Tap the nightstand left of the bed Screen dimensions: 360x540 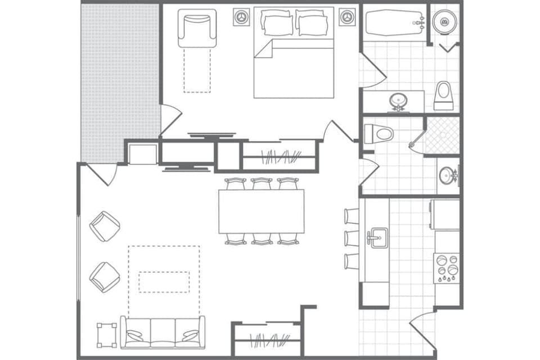242,17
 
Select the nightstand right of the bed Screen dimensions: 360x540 347,17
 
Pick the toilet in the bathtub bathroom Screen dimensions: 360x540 443,96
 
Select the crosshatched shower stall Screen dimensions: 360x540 442,136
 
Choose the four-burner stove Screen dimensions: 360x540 447,268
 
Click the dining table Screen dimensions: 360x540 262,211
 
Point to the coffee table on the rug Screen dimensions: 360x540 164,282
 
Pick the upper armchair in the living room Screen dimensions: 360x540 105,226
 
